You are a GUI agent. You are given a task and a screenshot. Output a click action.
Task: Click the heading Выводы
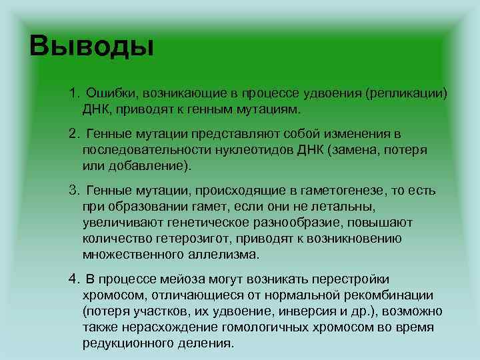click(92, 47)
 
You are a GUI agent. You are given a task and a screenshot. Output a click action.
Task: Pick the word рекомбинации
click(393, 295)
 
